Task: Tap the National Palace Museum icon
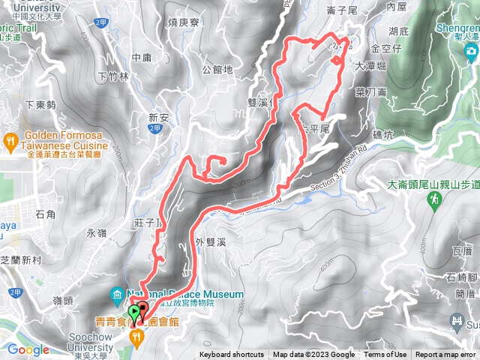(115, 294)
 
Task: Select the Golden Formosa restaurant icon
(10, 140)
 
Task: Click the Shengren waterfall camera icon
(470, 51)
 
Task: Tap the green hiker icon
(434, 199)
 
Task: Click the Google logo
(28, 349)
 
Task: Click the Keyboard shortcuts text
(232, 355)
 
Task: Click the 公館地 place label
(217, 70)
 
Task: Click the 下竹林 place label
(114, 76)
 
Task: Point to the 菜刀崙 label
(370, 92)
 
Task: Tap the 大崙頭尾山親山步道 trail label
(433, 184)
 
